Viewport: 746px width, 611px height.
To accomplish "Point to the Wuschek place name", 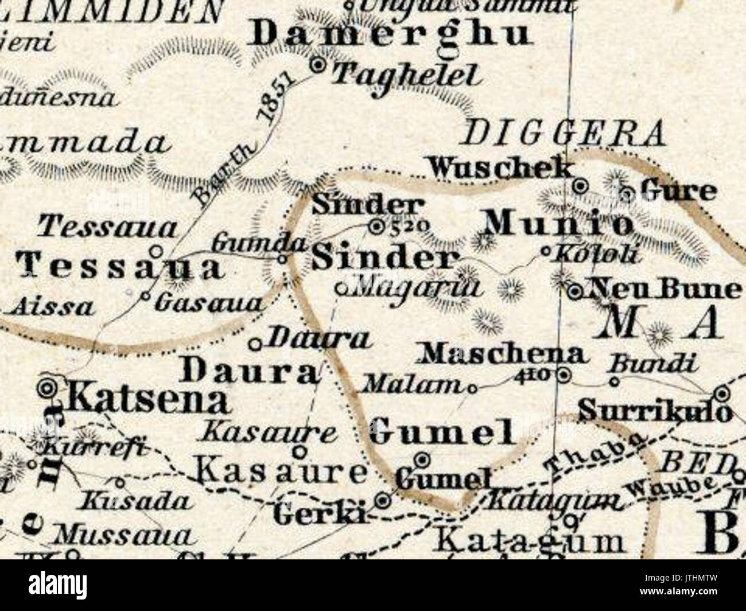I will tap(500, 168).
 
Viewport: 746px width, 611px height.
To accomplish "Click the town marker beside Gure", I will tap(628, 193).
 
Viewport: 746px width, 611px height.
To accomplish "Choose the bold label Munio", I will tap(557, 224).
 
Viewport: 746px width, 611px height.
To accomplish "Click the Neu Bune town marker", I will tap(576, 292).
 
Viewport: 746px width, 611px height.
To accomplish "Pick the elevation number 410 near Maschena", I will tap(535, 375).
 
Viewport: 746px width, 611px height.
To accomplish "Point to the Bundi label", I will tap(654, 363).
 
